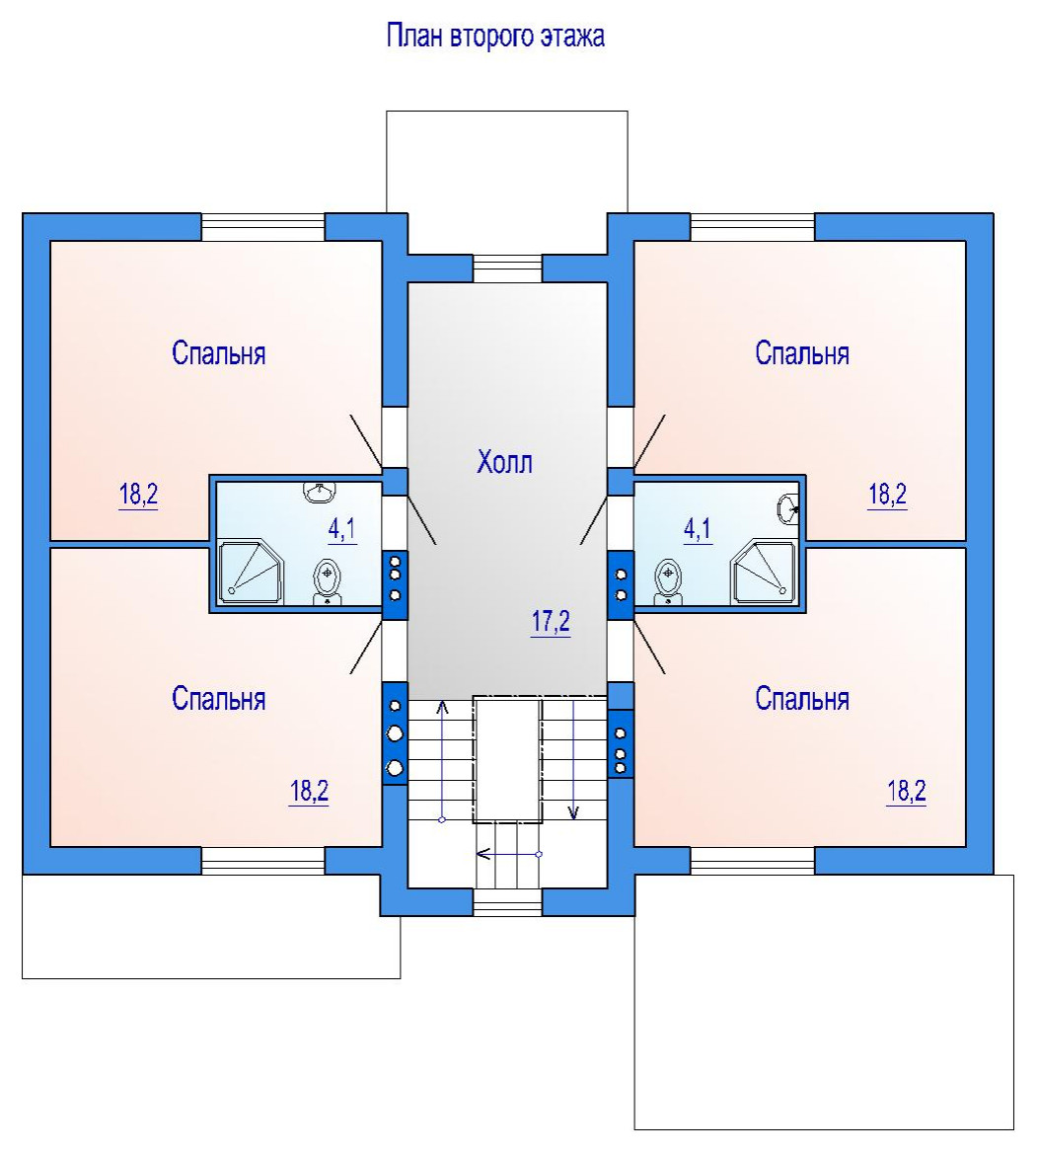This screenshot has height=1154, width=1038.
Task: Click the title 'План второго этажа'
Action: click(496, 37)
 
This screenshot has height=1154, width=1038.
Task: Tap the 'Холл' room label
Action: click(504, 462)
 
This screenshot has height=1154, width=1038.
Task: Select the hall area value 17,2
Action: click(551, 622)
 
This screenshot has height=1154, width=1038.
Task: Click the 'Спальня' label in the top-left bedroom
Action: click(218, 353)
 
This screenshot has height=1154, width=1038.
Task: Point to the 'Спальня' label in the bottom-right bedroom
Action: click(802, 699)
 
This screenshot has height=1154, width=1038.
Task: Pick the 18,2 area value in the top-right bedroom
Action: click(888, 494)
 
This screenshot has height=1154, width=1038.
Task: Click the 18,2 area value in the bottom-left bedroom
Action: click(309, 791)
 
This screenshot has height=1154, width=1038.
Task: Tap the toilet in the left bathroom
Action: click(328, 582)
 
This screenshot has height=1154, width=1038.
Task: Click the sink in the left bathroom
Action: click(320, 492)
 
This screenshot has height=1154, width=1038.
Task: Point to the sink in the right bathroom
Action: click(788, 508)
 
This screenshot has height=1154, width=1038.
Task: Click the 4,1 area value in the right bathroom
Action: click(698, 529)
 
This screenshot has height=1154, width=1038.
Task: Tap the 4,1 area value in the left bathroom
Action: click(341, 529)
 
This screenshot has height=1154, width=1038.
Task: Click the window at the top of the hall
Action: click(507, 269)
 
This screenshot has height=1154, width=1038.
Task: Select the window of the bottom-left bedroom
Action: click(263, 861)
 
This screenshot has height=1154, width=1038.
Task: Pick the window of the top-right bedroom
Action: click(753, 227)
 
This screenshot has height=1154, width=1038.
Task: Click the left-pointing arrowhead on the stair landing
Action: click(484, 855)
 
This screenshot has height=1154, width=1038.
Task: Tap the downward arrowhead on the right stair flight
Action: click(573, 812)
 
